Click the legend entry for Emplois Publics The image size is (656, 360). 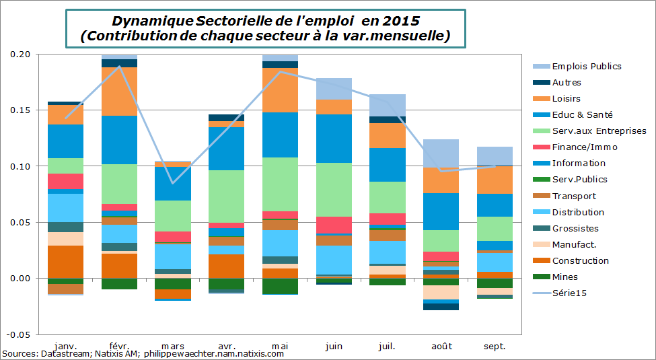[586, 66]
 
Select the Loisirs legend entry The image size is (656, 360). [566, 99]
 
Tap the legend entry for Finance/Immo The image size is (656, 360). [584, 147]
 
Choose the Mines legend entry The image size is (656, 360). [564, 277]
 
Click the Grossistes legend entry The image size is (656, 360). [575, 228]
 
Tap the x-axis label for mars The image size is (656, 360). [173, 346]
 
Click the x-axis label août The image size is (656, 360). [441, 346]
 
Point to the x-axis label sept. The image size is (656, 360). [495, 346]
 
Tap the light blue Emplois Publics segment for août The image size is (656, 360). [441, 153]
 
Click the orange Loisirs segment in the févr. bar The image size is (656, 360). [119, 92]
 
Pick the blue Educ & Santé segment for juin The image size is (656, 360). [334, 139]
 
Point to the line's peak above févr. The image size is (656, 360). [120, 66]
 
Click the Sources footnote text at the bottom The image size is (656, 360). [143, 354]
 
